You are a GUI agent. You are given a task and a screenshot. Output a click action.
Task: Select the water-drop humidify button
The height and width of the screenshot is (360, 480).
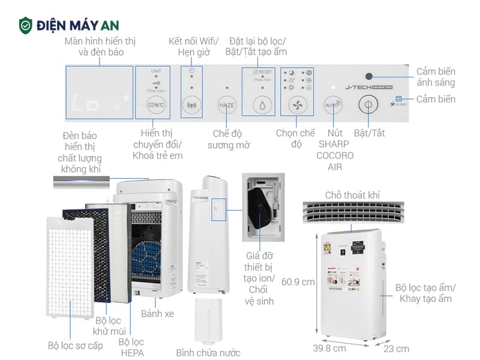click(262, 105)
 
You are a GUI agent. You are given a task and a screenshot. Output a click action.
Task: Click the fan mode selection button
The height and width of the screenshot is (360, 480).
click(296, 105)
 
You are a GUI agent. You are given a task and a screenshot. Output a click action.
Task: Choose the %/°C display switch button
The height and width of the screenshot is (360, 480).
click(156, 105)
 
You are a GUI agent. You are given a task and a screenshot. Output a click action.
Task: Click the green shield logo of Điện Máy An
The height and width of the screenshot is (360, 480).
click(25, 25)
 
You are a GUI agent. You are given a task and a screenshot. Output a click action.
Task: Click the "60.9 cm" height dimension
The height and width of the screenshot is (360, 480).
click(298, 281)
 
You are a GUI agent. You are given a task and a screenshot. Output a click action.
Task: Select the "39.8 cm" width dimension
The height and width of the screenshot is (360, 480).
click(329, 348)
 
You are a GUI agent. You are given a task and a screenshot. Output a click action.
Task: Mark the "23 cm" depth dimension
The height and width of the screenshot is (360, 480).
click(397, 348)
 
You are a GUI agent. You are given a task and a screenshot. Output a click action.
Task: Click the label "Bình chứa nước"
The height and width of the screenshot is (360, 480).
click(208, 352)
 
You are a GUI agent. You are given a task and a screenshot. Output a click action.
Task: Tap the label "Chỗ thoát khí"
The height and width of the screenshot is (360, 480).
click(352, 195)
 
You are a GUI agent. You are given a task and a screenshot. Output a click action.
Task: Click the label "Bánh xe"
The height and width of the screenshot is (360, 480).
click(157, 313)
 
